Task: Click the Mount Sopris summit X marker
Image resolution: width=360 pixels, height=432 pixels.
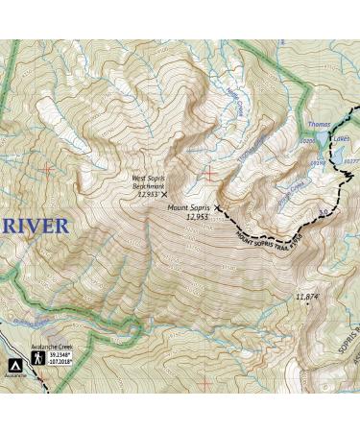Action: (218, 206)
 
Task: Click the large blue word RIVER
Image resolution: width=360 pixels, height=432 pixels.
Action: (36, 227)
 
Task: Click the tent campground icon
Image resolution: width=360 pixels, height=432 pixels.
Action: (15, 366)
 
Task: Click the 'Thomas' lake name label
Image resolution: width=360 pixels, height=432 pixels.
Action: (321, 125)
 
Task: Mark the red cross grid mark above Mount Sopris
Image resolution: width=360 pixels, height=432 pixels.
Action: (209, 173)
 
